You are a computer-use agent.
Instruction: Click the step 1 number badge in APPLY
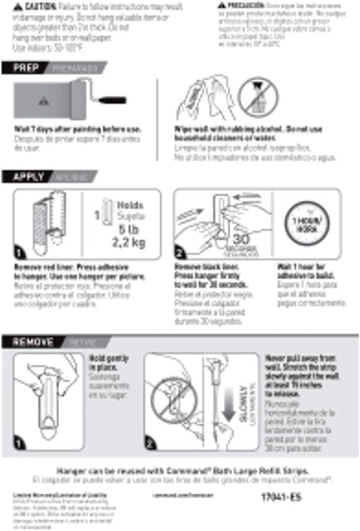coord(19,252)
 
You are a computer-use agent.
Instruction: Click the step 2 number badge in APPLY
coord(182,252)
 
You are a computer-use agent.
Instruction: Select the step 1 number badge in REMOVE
coord(19,445)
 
